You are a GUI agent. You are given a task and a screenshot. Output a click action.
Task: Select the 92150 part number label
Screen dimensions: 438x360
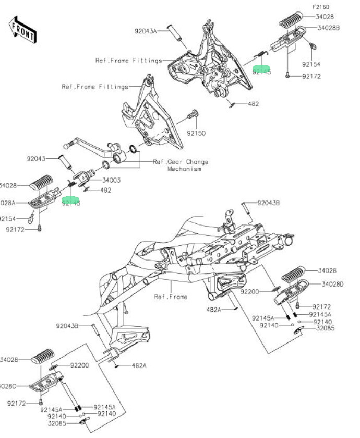click(196, 133)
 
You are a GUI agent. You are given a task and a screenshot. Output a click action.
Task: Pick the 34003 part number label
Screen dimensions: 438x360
click(111, 180)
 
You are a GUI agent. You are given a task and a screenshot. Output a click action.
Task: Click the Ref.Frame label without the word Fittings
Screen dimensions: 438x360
click(170, 297)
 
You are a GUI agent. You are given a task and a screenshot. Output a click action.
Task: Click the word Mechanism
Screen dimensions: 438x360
click(184, 169)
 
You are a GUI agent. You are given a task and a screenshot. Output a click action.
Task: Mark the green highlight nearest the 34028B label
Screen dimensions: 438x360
click(261, 69)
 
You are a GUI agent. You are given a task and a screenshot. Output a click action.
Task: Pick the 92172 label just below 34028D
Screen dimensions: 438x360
click(323, 306)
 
